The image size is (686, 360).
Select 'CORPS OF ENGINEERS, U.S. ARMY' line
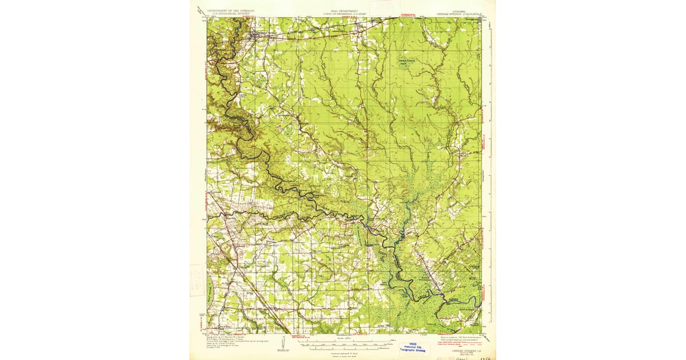[x=342, y=13]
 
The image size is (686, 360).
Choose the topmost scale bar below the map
[x=343, y=339]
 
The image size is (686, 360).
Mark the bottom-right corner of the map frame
[x=481, y=333]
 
